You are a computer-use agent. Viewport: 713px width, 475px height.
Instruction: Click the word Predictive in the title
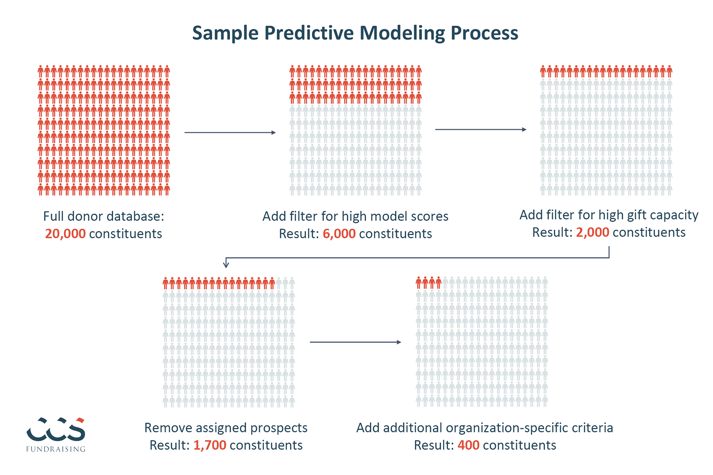309,33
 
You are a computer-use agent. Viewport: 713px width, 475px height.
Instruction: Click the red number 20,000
65,234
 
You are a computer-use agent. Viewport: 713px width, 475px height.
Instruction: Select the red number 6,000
339,234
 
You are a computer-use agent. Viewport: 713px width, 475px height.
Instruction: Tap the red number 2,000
592,232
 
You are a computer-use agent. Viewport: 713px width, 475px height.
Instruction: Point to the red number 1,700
210,445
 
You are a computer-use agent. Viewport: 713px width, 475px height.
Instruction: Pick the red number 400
468,445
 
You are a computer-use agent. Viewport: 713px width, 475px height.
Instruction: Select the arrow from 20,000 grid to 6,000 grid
230,132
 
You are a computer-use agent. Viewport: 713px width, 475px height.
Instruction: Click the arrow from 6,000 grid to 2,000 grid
481,130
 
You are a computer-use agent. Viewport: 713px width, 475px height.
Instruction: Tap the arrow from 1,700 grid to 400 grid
356,342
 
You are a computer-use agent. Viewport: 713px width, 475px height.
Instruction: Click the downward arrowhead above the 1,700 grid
226,264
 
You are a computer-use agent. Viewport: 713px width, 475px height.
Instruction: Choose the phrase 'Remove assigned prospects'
226,428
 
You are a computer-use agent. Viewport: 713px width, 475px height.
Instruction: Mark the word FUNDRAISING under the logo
56,449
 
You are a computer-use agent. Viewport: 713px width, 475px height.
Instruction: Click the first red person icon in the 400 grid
419,283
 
